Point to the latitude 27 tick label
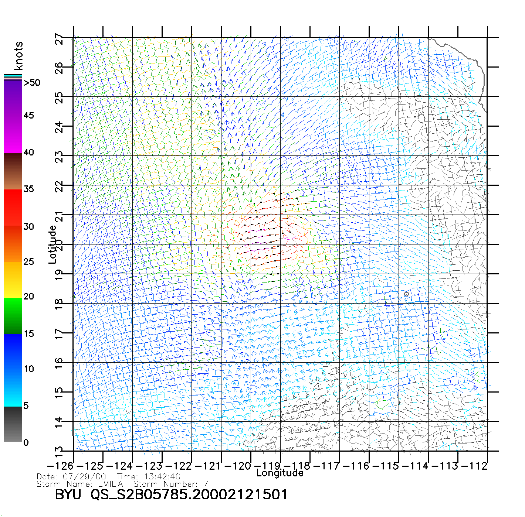[x=59, y=39]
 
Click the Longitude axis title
[x=280, y=473]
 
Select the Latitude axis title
[x=52, y=244]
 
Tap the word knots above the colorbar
[x=18, y=56]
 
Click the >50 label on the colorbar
[x=32, y=83]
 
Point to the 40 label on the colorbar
[x=28, y=152]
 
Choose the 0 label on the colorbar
[x=26, y=442]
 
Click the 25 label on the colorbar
[x=28, y=262]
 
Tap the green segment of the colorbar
[x=13, y=316]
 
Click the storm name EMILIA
[x=110, y=484]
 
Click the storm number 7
[x=206, y=484]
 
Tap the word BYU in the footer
[x=68, y=494]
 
